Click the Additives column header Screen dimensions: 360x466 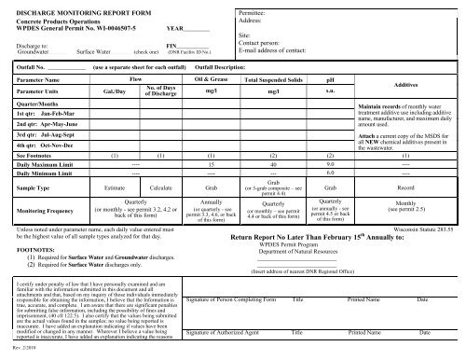tap(410, 85)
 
